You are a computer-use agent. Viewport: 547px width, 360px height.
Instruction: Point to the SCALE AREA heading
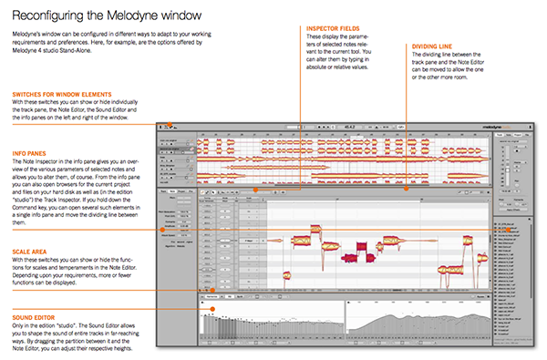coord(31,227)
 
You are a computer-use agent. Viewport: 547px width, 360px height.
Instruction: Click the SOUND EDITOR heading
coord(35,309)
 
